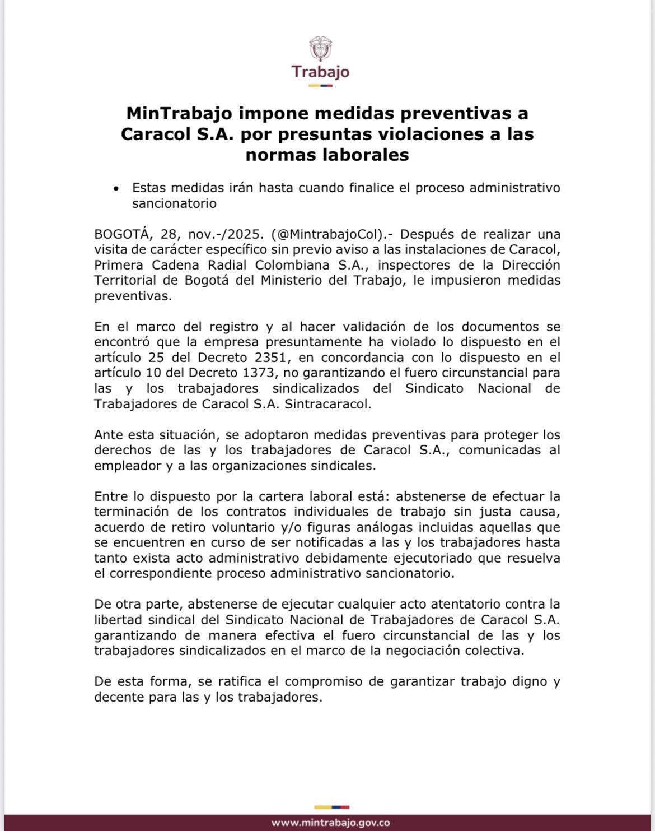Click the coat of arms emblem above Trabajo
click(320, 49)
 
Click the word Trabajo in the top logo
click(320, 72)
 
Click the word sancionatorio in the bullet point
click(174, 203)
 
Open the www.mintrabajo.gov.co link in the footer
click(331, 823)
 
